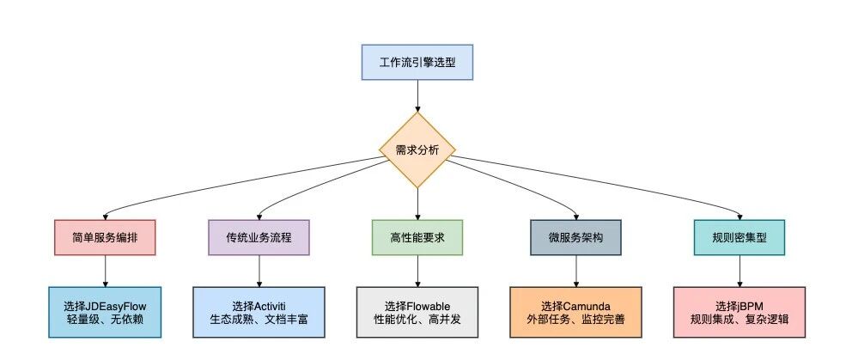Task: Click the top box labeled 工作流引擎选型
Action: [417, 62]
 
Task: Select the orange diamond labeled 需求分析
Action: [417, 150]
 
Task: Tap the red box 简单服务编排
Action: [105, 237]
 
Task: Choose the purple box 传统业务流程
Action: [259, 237]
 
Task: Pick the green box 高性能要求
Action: [417, 237]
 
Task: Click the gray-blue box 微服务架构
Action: [575, 237]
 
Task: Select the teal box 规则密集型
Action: [739, 237]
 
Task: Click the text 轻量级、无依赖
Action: [105, 319]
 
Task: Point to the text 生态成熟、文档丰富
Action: [259, 319]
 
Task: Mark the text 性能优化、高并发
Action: [417, 319]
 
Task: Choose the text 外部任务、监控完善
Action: [575, 319]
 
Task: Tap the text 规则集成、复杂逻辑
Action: [739, 319]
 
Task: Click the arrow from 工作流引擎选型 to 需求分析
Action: [417, 96]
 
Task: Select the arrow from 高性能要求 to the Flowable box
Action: [417, 271]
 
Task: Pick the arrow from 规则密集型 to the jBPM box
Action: [739, 271]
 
